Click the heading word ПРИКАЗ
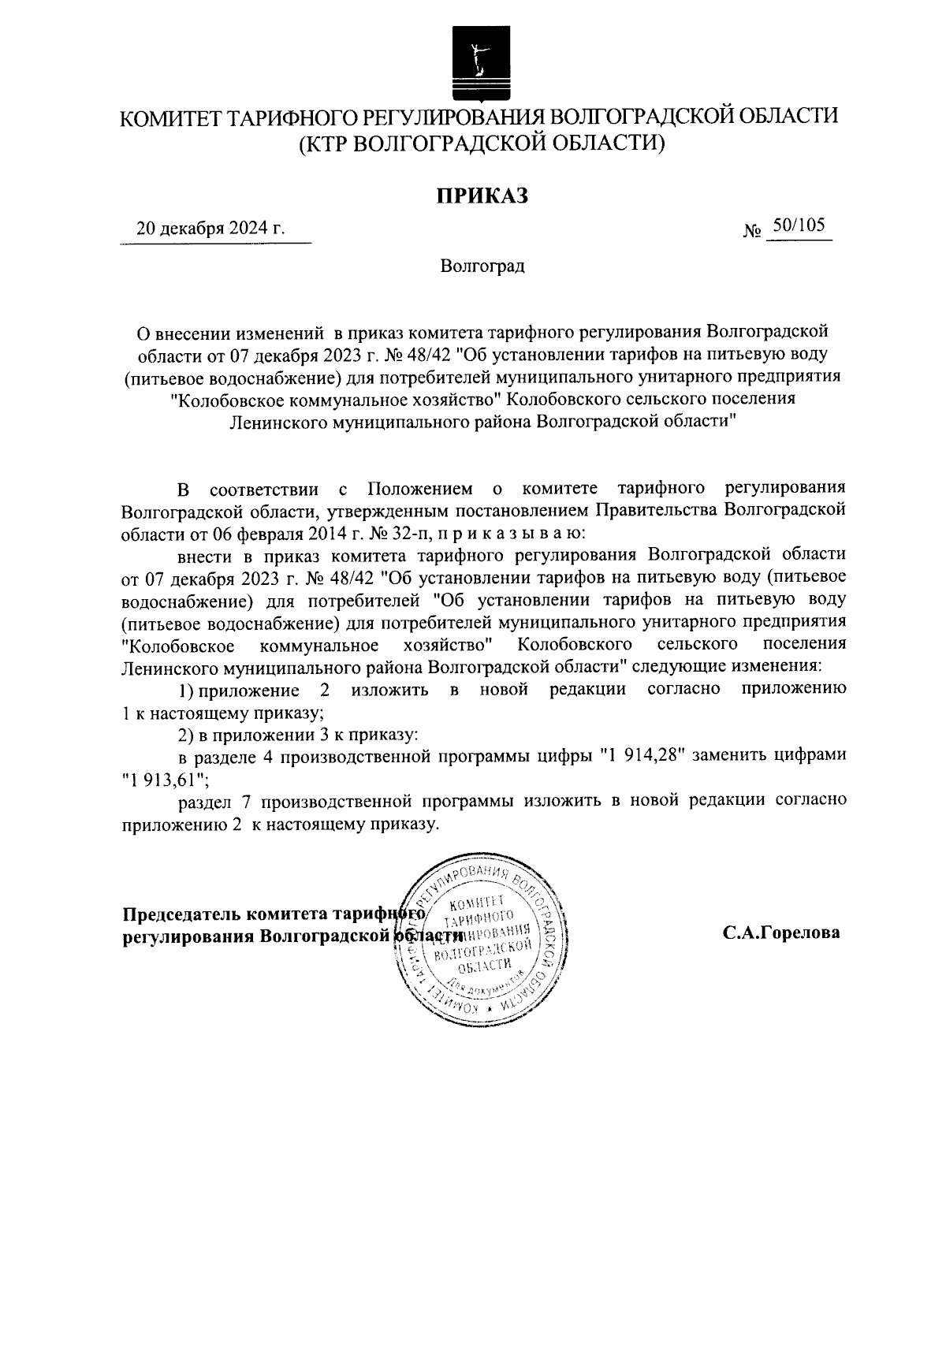coord(482,195)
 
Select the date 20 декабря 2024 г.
coord(210,229)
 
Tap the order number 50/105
coord(799,226)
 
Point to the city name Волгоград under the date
coord(482,266)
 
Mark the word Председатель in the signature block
coord(181,914)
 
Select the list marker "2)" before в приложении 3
coord(185,735)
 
